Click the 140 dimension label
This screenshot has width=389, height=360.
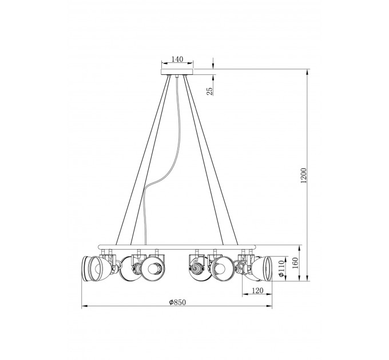[x=177, y=59]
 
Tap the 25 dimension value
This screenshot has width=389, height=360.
[x=209, y=91]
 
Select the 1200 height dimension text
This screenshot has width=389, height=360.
[x=303, y=175]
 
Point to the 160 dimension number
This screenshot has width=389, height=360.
[x=295, y=263]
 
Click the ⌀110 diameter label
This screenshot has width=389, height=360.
[x=281, y=268]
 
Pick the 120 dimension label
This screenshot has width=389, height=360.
[x=257, y=290]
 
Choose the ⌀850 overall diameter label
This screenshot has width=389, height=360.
[x=177, y=302]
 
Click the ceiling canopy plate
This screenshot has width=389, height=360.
[x=177, y=72]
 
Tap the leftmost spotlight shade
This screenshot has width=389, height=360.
[x=94, y=269]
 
